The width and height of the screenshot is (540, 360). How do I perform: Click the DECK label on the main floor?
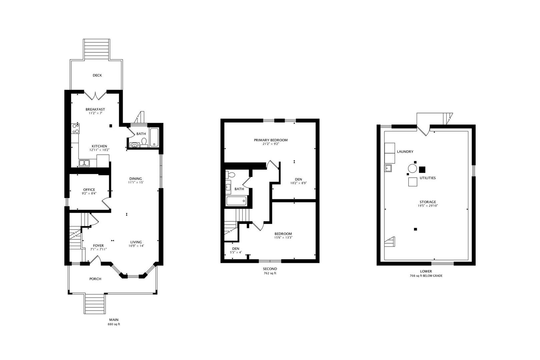(x=97, y=75)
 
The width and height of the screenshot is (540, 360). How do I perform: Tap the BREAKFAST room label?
(x=95, y=109)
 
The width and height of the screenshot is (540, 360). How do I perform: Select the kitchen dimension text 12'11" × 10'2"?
(x=99, y=150)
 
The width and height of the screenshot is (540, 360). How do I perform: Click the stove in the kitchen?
(x=75, y=129)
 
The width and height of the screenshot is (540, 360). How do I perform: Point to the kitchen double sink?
(x=84, y=163)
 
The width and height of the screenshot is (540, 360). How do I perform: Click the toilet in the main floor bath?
(x=144, y=142)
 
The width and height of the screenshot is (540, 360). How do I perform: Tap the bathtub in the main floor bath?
(x=154, y=137)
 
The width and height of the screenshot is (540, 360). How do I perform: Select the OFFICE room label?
(x=89, y=190)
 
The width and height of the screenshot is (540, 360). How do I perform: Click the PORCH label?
(x=95, y=279)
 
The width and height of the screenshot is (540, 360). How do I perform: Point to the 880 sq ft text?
(x=114, y=324)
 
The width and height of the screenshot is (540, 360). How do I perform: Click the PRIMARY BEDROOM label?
(x=271, y=140)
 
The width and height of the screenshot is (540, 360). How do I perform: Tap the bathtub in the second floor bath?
(x=236, y=201)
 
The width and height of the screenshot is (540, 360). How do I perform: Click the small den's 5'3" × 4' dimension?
(x=236, y=252)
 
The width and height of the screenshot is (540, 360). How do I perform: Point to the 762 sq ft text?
(x=270, y=273)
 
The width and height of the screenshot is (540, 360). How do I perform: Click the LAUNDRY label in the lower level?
(x=405, y=152)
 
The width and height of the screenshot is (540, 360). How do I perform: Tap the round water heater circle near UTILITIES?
(x=412, y=168)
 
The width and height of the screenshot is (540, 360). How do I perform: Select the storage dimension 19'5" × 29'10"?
(x=428, y=206)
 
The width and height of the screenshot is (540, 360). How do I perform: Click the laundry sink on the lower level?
(x=388, y=168)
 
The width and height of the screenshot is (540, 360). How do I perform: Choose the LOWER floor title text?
(x=426, y=271)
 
